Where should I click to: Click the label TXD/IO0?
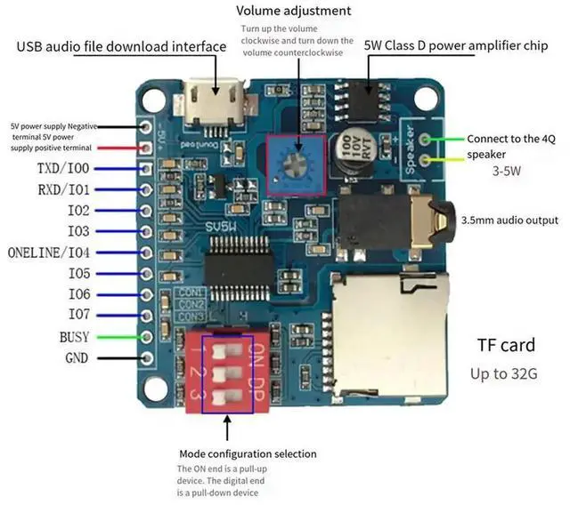(63, 169)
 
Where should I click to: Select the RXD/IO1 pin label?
(63, 189)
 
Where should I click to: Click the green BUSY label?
(75, 337)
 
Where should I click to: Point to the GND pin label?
(76, 358)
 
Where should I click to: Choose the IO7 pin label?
(78, 315)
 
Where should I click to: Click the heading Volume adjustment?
(293, 12)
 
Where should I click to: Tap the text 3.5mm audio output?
(510, 220)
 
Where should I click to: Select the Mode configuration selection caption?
(248, 453)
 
